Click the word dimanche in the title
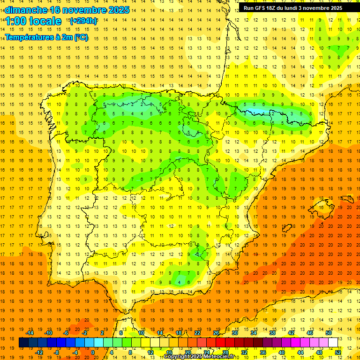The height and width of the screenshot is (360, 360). [26, 10]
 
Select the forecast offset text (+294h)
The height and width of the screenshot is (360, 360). [83, 21]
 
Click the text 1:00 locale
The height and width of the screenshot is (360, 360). [33, 21]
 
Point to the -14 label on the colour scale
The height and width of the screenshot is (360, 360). [30, 333]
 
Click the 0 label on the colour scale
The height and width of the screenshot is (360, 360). [93, 352]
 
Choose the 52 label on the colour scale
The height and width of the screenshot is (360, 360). [338, 352]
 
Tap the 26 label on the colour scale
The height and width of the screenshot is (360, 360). [216, 333]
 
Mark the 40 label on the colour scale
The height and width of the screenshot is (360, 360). [282, 352]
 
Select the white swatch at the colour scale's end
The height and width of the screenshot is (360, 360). [333, 343]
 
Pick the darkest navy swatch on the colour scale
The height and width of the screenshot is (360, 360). [23, 343]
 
